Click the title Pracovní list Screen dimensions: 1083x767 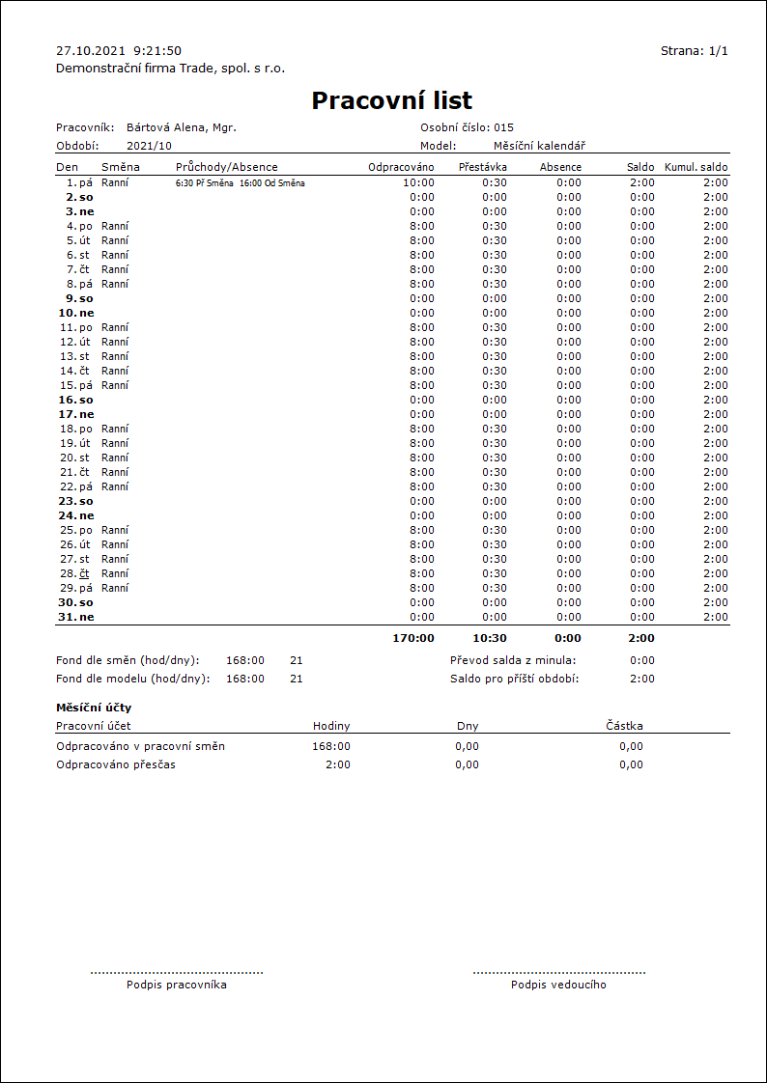pyautogui.click(x=391, y=100)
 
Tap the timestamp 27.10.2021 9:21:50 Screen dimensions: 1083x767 pyautogui.click(x=119, y=51)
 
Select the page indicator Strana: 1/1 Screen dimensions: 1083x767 pyautogui.click(x=694, y=51)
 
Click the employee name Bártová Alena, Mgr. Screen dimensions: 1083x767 pyautogui.click(x=182, y=127)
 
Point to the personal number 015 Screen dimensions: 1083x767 pyautogui.click(x=503, y=127)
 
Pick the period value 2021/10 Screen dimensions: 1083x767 pyautogui.click(x=149, y=146)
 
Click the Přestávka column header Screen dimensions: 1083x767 pyautogui.click(x=482, y=167)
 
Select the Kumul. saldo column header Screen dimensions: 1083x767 pyautogui.click(x=696, y=167)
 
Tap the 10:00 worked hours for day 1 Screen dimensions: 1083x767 pyautogui.click(x=418, y=182)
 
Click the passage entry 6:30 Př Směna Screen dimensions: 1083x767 pyautogui.click(x=204, y=182)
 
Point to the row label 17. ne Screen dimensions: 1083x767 pyautogui.click(x=76, y=414)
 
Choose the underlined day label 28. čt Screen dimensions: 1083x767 pyautogui.click(x=76, y=573)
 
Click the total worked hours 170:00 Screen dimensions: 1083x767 pyautogui.click(x=413, y=638)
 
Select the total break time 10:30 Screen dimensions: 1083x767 pyautogui.click(x=488, y=638)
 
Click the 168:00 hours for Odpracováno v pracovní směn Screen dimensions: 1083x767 pyautogui.click(x=331, y=746)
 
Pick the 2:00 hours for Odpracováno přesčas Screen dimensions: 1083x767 pyautogui.click(x=339, y=764)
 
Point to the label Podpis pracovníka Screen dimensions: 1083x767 pyautogui.click(x=177, y=985)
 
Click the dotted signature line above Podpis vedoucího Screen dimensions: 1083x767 pyautogui.click(x=559, y=973)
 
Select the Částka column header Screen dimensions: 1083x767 pyautogui.click(x=624, y=726)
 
